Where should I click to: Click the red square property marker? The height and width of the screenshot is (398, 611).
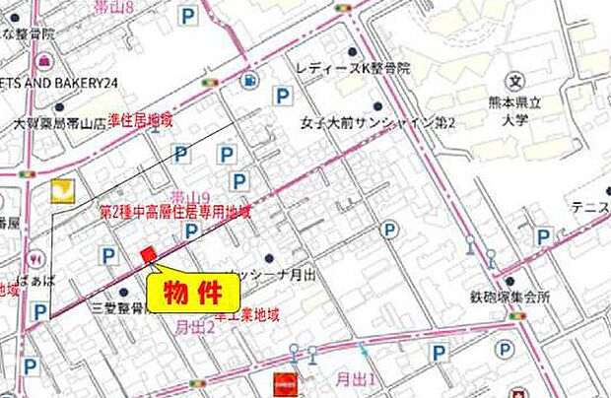pos(149,255)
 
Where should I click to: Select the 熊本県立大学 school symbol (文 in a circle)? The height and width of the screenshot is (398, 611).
pos(512,80)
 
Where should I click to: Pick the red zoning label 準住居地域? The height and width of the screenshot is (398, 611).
pos(140,120)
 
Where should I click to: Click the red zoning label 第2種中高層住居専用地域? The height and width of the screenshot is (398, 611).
pos(175,211)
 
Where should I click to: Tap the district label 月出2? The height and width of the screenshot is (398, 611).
pos(194,327)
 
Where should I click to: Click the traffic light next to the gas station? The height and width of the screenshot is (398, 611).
pos(210,82)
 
